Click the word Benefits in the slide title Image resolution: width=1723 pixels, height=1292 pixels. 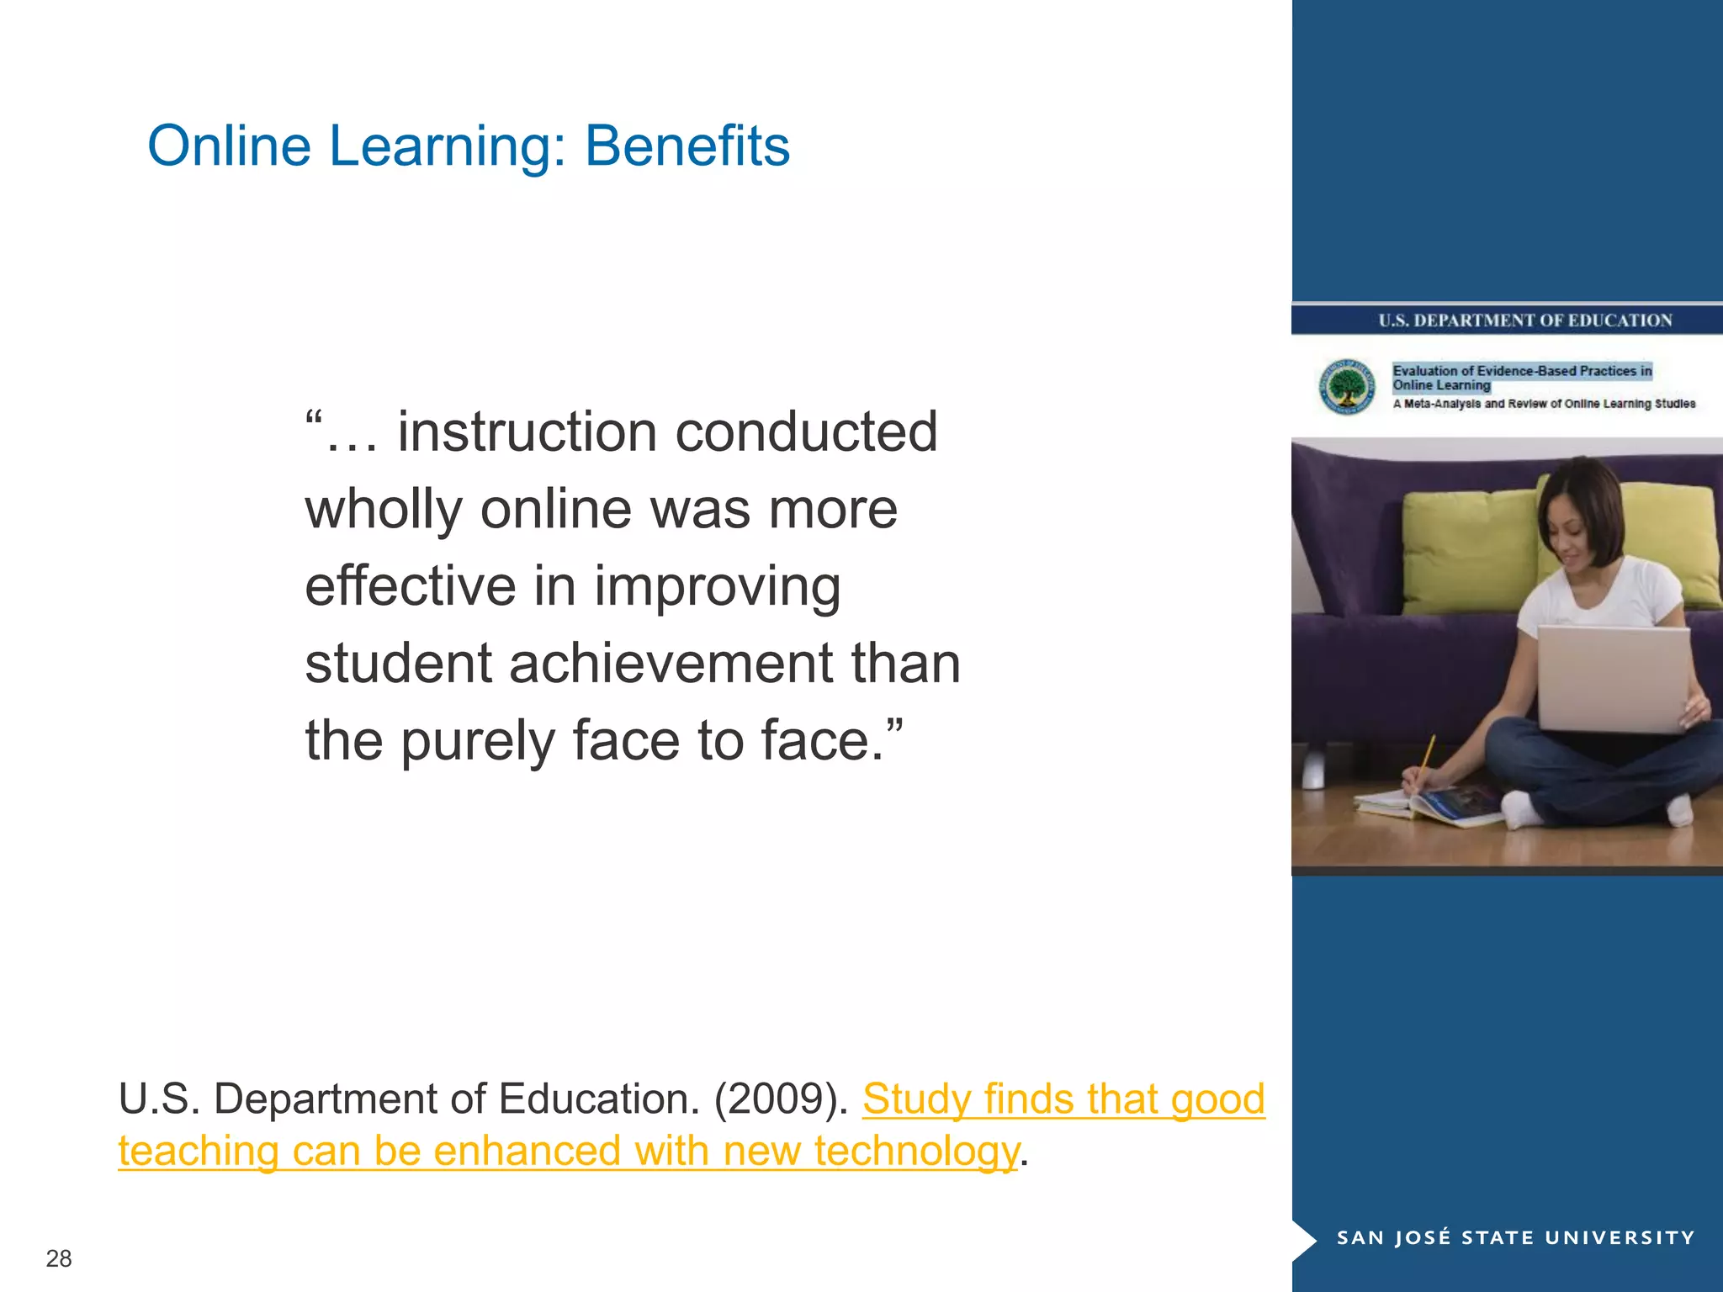(x=687, y=146)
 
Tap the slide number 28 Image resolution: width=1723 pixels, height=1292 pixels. (x=59, y=1258)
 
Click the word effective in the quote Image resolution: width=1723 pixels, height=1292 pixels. (x=410, y=586)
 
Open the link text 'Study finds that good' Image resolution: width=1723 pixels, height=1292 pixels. (x=1063, y=1099)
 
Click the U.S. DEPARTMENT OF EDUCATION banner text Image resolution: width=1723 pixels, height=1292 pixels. (x=1524, y=320)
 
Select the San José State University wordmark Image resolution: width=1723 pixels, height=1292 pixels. (x=1515, y=1237)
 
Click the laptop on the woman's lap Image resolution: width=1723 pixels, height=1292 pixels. (x=1612, y=678)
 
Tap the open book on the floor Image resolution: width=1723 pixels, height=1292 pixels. (x=1430, y=803)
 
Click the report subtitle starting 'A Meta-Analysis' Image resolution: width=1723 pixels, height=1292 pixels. (x=1544, y=405)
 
